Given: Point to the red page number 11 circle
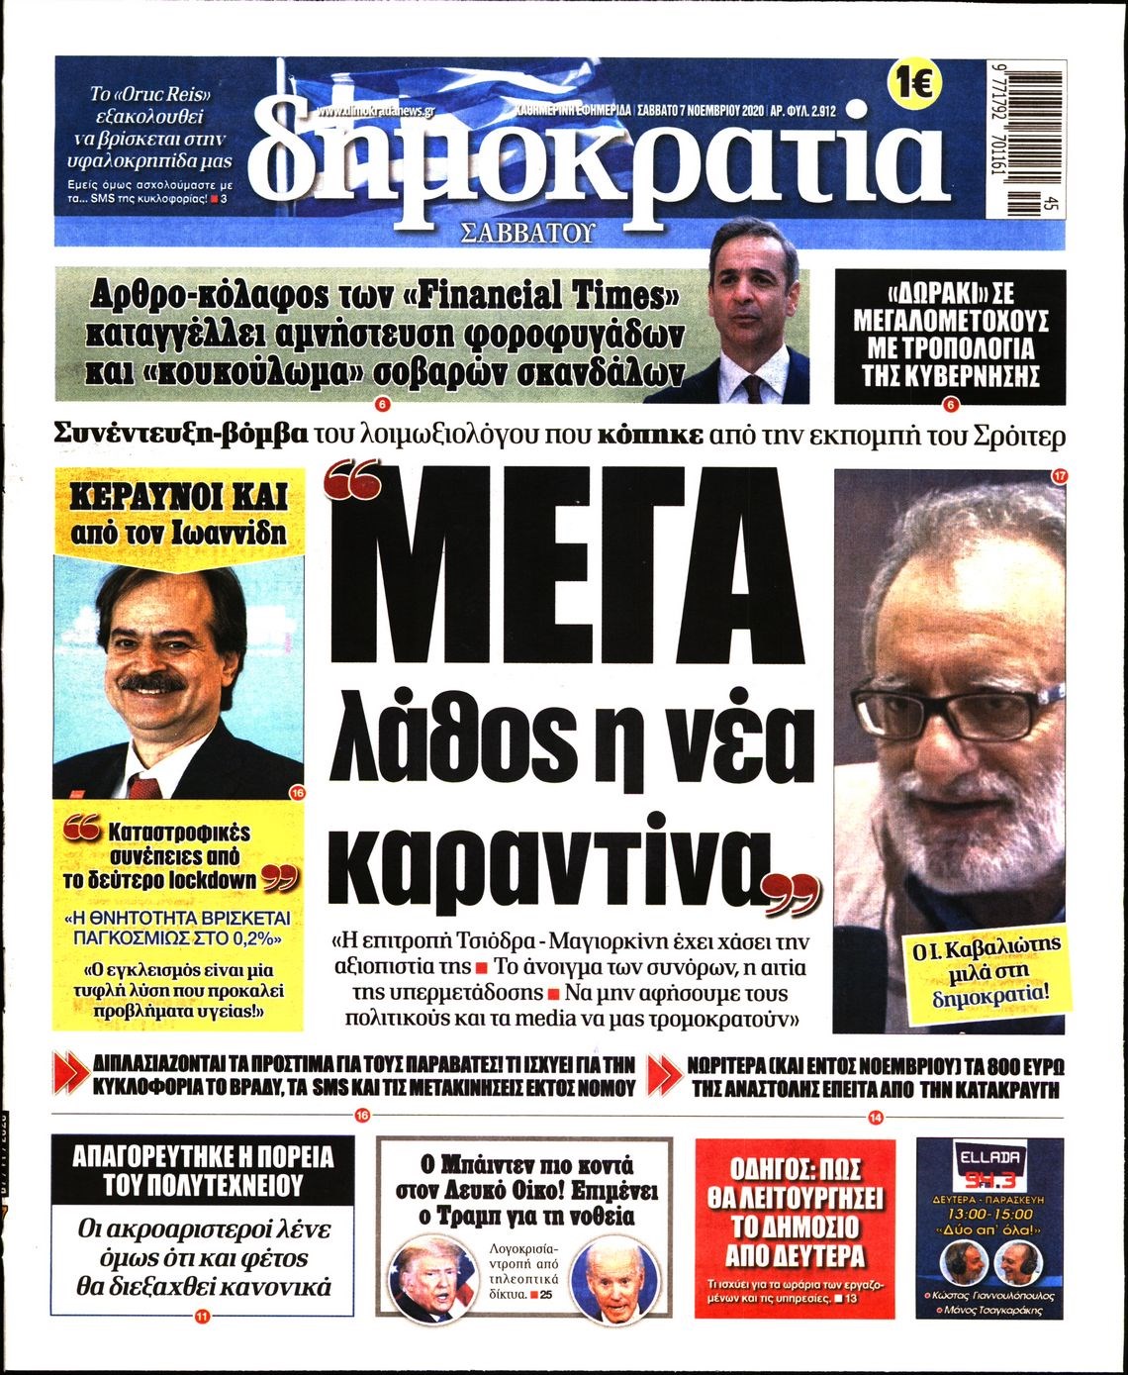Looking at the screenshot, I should (x=203, y=1317).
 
